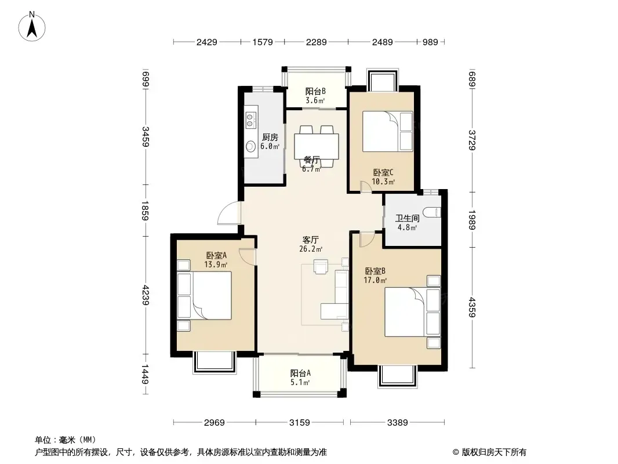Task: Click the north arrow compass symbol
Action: pos(32,27)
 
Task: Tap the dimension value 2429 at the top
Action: pos(206,42)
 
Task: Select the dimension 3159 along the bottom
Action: pos(300,423)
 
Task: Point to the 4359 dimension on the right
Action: pos(472,307)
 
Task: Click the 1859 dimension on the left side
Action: pos(145,211)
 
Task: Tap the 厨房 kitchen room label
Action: pos(270,137)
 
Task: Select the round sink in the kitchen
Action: pos(250,147)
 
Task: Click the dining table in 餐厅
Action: pos(317,146)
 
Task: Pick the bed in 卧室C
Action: pos(387,131)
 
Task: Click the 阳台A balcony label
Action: pos(300,373)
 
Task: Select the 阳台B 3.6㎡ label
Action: pos(315,95)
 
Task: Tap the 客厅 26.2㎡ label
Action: pos(311,244)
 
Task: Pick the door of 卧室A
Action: pos(248,256)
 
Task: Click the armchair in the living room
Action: pos(321,266)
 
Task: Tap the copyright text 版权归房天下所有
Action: pos(494,452)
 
